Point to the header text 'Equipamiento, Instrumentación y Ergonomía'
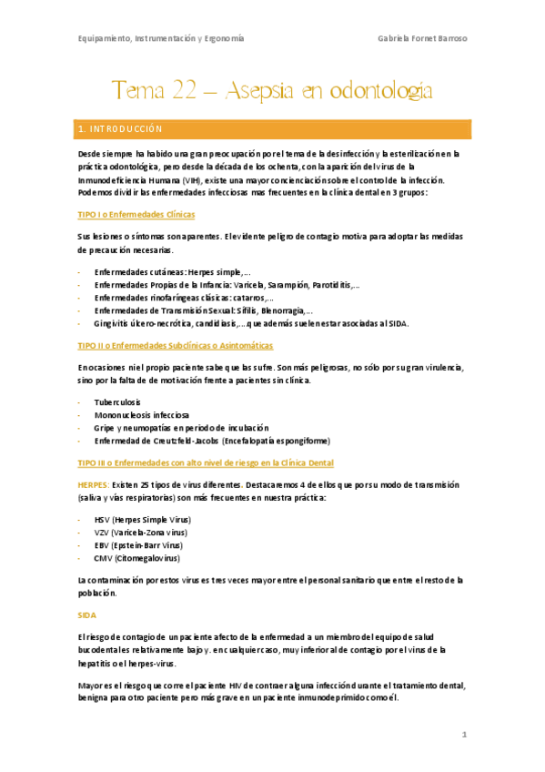coord(160,38)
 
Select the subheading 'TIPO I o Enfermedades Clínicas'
coord(136,214)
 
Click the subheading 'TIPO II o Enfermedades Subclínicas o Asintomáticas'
coord(175,346)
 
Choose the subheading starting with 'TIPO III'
coord(207,462)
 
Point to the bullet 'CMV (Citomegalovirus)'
coord(136,557)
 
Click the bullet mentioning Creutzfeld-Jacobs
coord(211,441)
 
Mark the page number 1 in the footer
coord(464,734)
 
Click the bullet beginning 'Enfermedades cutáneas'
coord(172,272)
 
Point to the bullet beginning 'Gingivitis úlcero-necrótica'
coord(251,323)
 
